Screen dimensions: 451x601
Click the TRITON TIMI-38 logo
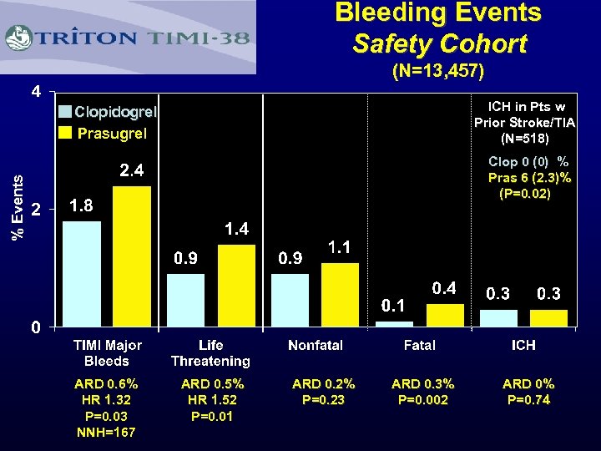(x=129, y=38)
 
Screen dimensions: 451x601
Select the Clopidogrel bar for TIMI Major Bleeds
(x=82, y=273)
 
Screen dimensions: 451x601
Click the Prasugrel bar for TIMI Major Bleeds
(x=132, y=256)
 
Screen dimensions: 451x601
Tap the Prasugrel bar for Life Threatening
(x=236, y=285)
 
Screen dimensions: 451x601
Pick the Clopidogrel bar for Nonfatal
(x=290, y=299)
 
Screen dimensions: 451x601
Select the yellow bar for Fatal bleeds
(x=444, y=315)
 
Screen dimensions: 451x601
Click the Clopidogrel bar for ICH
(x=499, y=317)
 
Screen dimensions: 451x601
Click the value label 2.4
(x=132, y=171)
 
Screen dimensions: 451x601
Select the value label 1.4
(x=236, y=229)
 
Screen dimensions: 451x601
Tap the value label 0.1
(x=394, y=305)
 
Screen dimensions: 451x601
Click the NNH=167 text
(x=107, y=432)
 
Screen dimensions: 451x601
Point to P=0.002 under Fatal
(x=423, y=400)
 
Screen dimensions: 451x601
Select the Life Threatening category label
(x=210, y=353)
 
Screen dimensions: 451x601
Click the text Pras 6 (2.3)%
(x=529, y=177)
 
